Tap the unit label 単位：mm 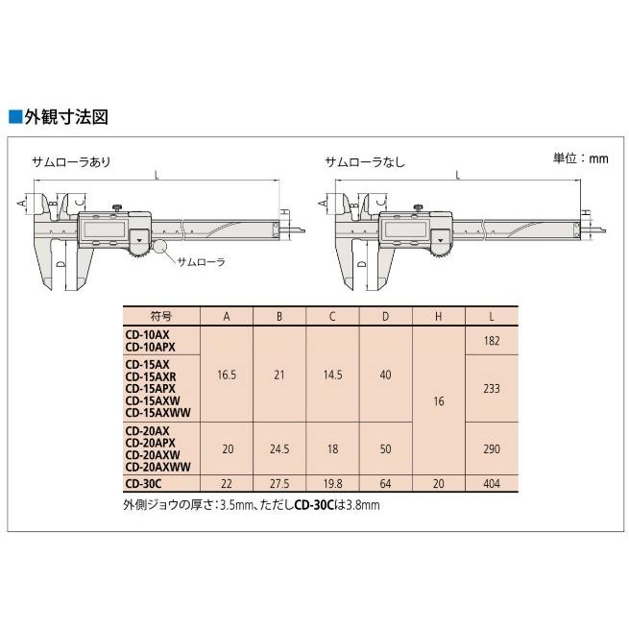(x=580, y=157)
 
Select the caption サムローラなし (x=365, y=161)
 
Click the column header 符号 (x=159, y=316)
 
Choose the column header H (x=437, y=316)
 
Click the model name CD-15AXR (x=148, y=376)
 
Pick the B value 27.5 (x=279, y=485)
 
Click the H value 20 (x=437, y=485)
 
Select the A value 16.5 (x=227, y=376)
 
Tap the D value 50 (x=384, y=448)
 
